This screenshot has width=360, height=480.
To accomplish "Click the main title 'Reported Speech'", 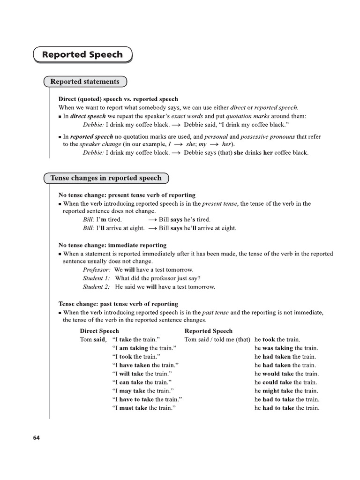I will [82, 55].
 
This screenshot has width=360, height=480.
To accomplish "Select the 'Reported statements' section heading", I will [85, 82].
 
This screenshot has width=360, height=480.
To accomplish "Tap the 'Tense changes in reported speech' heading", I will [105, 178].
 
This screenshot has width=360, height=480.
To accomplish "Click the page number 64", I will [37, 438].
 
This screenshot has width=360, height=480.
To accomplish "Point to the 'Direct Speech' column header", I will [99, 331].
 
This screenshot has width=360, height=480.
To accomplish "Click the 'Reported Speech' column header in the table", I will [208, 331].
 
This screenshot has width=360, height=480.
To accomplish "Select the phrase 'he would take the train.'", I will [286, 374].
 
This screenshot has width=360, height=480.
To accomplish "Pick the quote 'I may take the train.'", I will [144, 391].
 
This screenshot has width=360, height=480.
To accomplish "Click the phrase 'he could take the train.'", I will [285, 382].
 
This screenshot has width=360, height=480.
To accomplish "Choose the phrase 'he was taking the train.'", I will [286, 348].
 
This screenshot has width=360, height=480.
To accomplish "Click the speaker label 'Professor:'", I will [97, 270].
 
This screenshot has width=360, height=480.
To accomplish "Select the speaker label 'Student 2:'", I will [97, 287].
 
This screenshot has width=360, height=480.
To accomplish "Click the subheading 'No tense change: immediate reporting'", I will [112, 245].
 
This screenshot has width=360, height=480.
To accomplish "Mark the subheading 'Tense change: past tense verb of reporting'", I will [118, 304].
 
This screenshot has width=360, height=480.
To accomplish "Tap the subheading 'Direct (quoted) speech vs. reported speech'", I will [118, 99].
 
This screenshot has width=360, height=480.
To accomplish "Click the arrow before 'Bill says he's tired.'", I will [152, 220].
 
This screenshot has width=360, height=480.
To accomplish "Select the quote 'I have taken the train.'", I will [146, 365].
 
